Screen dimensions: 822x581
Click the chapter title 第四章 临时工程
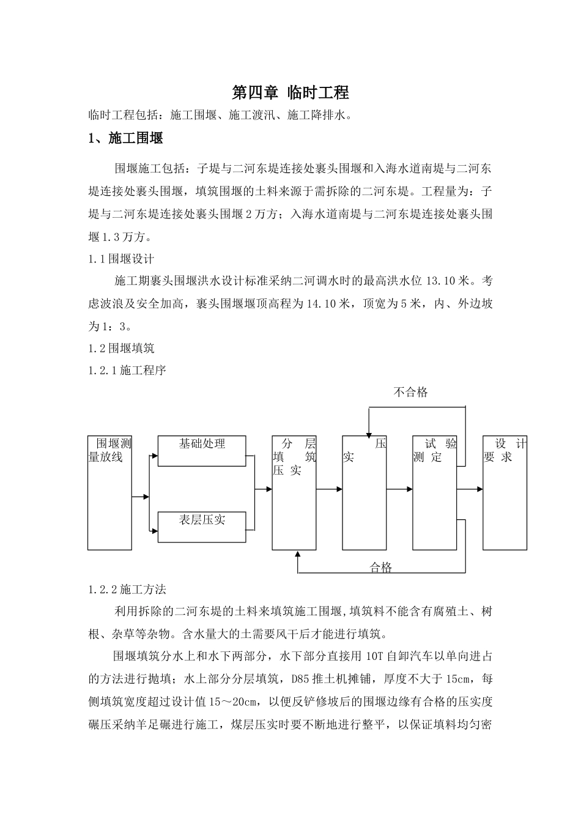pos(290,93)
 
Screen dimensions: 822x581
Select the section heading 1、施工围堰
pos(126,139)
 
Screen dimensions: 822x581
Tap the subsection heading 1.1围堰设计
pos(121,259)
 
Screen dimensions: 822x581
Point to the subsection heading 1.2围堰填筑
pos(121,348)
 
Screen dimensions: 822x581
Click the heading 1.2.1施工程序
pos(127,371)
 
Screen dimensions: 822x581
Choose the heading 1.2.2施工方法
pos(127,590)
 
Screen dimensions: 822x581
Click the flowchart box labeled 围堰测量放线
pos(110,492)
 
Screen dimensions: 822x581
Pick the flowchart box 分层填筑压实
pos(294,492)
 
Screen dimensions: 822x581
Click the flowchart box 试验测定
pos(435,492)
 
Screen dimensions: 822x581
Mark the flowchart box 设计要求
pos(505,492)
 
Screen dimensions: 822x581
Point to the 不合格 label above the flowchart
pos(411,393)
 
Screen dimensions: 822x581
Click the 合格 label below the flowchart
pos(381,568)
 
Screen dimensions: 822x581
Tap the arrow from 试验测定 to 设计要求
pos(470,489)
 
